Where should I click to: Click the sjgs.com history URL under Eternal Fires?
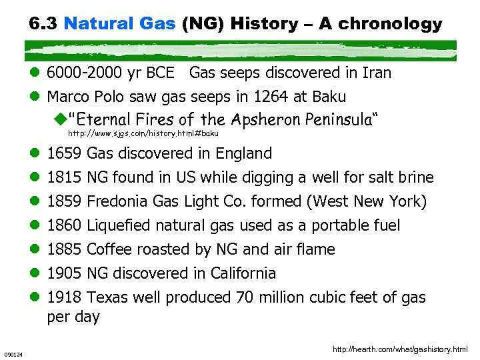[x=143, y=133]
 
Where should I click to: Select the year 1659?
[x=65, y=153]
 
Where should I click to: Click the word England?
[x=243, y=153]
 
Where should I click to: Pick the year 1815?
[x=65, y=177]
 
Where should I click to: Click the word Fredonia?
[x=118, y=201]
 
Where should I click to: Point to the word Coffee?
[x=109, y=249]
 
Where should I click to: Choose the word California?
[x=243, y=273]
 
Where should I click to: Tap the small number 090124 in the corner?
[x=13, y=354]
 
